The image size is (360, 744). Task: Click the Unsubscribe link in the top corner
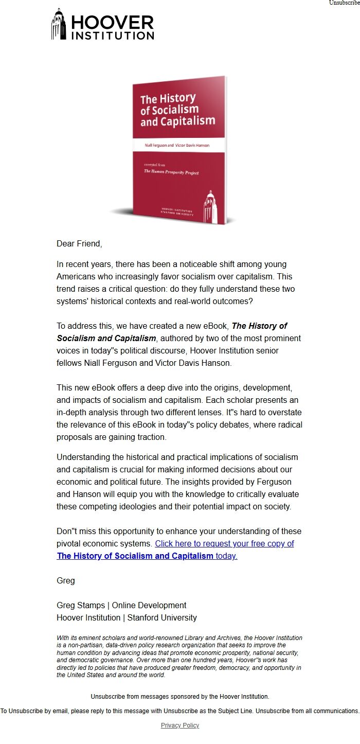pyautogui.click(x=345, y=3)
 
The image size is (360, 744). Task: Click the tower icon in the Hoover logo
pyautogui.click(x=59, y=25)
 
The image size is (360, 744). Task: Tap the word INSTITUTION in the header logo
pyautogui.click(x=112, y=36)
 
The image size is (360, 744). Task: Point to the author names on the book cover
pyautogui.click(x=177, y=146)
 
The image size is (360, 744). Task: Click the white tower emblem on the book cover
pyautogui.click(x=211, y=206)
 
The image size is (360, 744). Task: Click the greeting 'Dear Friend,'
pyautogui.click(x=79, y=243)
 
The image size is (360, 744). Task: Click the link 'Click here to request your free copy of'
pyautogui.click(x=224, y=543)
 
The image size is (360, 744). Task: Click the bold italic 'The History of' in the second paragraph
pyautogui.click(x=259, y=326)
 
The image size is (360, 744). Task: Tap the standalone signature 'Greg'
pyautogui.click(x=66, y=580)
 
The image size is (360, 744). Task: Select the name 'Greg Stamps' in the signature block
pyautogui.click(x=80, y=605)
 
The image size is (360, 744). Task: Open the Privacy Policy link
pyautogui.click(x=180, y=725)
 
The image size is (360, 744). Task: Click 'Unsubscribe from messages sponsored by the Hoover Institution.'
pyautogui.click(x=180, y=696)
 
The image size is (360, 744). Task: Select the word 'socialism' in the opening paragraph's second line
pyautogui.click(x=209, y=276)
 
